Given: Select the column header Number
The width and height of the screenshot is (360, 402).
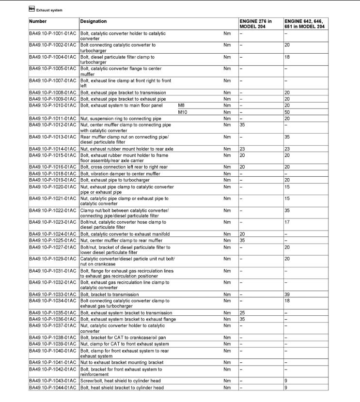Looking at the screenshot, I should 38,21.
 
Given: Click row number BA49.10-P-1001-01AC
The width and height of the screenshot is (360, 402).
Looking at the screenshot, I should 53,33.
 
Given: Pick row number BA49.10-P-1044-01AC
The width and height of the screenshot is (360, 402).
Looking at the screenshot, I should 53,387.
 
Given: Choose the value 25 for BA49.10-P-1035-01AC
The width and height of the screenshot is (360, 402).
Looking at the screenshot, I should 243,313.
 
